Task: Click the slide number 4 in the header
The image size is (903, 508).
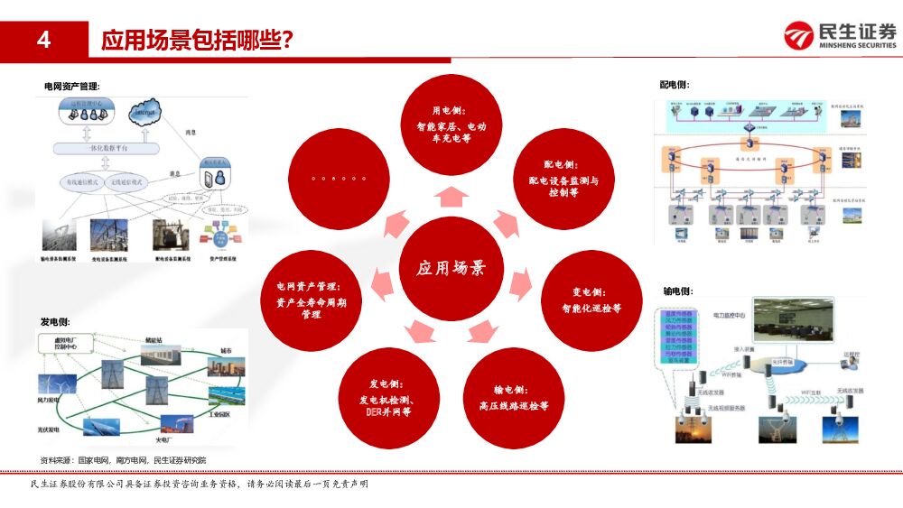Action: click(43, 40)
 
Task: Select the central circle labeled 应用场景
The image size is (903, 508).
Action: click(451, 268)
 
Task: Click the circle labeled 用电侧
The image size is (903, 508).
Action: click(451, 125)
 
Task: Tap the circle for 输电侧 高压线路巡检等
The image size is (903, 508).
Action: click(514, 398)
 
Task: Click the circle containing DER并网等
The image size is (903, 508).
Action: click(387, 398)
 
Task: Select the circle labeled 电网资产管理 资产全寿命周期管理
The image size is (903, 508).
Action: click(311, 300)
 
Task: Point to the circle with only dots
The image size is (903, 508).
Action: click(339, 179)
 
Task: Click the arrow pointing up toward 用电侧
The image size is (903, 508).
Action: click(451, 197)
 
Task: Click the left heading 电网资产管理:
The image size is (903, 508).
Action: click(72, 86)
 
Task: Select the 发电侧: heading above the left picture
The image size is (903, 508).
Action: click(55, 321)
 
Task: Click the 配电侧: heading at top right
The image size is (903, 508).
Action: click(675, 85)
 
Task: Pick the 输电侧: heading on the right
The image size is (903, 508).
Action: click(677, 291)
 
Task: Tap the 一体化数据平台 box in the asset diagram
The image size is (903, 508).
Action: click(107, 146)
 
